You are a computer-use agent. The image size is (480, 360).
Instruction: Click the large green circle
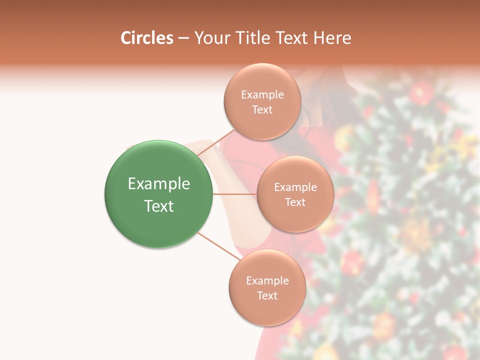[158, 160]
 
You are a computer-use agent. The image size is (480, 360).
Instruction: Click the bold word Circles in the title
[147, 38]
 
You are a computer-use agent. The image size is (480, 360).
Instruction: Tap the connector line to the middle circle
[234, 194]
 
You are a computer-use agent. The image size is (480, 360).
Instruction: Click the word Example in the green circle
[159, 184]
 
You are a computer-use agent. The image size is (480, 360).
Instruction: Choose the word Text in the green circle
[159, 206]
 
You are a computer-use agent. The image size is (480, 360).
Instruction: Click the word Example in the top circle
[262, 95]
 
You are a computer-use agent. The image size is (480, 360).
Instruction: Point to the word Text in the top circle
[262, 110]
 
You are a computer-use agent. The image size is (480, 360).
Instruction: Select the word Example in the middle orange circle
[295, 187]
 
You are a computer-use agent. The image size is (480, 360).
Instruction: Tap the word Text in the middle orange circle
[295, 202]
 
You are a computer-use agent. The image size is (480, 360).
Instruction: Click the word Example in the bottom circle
[267, 281]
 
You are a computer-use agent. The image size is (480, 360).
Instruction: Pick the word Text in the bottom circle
[267, 296]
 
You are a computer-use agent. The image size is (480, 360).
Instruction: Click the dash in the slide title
[183, 38]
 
